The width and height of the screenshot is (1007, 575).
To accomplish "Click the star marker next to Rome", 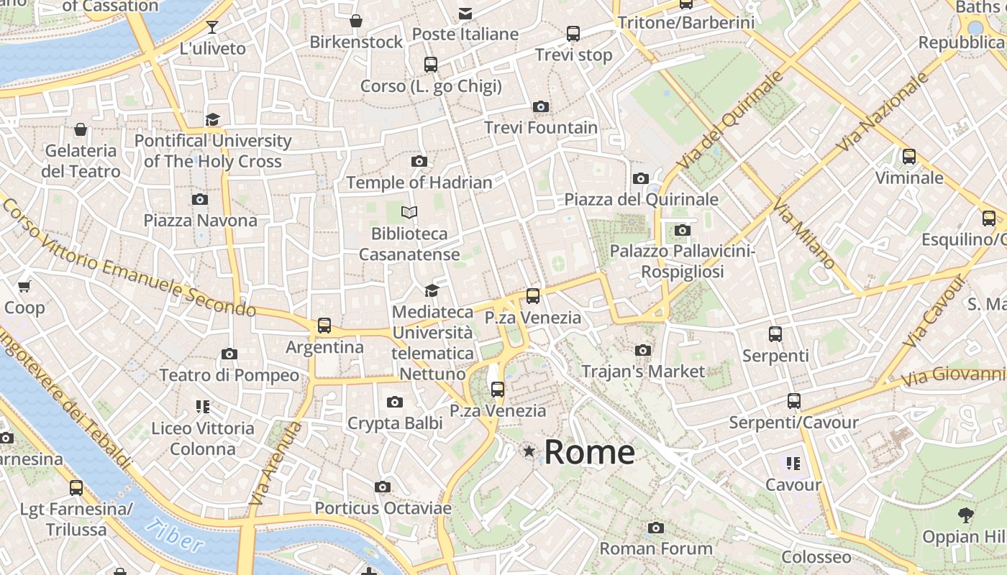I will (x=529, y=451).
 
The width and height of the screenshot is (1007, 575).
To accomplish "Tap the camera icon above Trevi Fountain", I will (x=541, y=107).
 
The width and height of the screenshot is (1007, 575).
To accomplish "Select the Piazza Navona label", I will (x=200, y=221).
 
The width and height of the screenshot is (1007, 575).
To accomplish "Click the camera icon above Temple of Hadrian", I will (x=419, y=162).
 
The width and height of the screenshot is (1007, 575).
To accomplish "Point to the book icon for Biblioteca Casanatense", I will (x=409, y=213).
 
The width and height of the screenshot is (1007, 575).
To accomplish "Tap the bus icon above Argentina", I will (x=324, y=326).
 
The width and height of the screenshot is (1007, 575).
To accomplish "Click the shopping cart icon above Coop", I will (x=24, y=287).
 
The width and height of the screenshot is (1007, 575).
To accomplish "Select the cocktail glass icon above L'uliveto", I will (x=212, y=27).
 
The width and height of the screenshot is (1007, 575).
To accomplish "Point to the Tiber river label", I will (x=173, y=535).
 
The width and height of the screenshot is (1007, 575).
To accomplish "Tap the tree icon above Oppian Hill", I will (x=966, y=515).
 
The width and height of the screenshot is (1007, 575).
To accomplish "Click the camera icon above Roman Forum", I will (x=655, y=528).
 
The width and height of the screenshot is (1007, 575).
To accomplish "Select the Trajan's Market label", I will (x=643, y=372).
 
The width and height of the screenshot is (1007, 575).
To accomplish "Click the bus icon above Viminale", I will (x=909, y=156).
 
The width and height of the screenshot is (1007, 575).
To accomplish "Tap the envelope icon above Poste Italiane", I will (x=465, y=14).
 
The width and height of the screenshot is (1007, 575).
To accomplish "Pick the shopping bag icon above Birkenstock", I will (x=356, y=21).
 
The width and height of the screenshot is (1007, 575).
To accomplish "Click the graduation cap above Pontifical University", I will (x=212, y=119).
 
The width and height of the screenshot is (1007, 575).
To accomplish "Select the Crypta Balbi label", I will (x=395, y=424).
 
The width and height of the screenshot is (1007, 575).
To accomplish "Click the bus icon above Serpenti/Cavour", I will (x=794, y=401).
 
